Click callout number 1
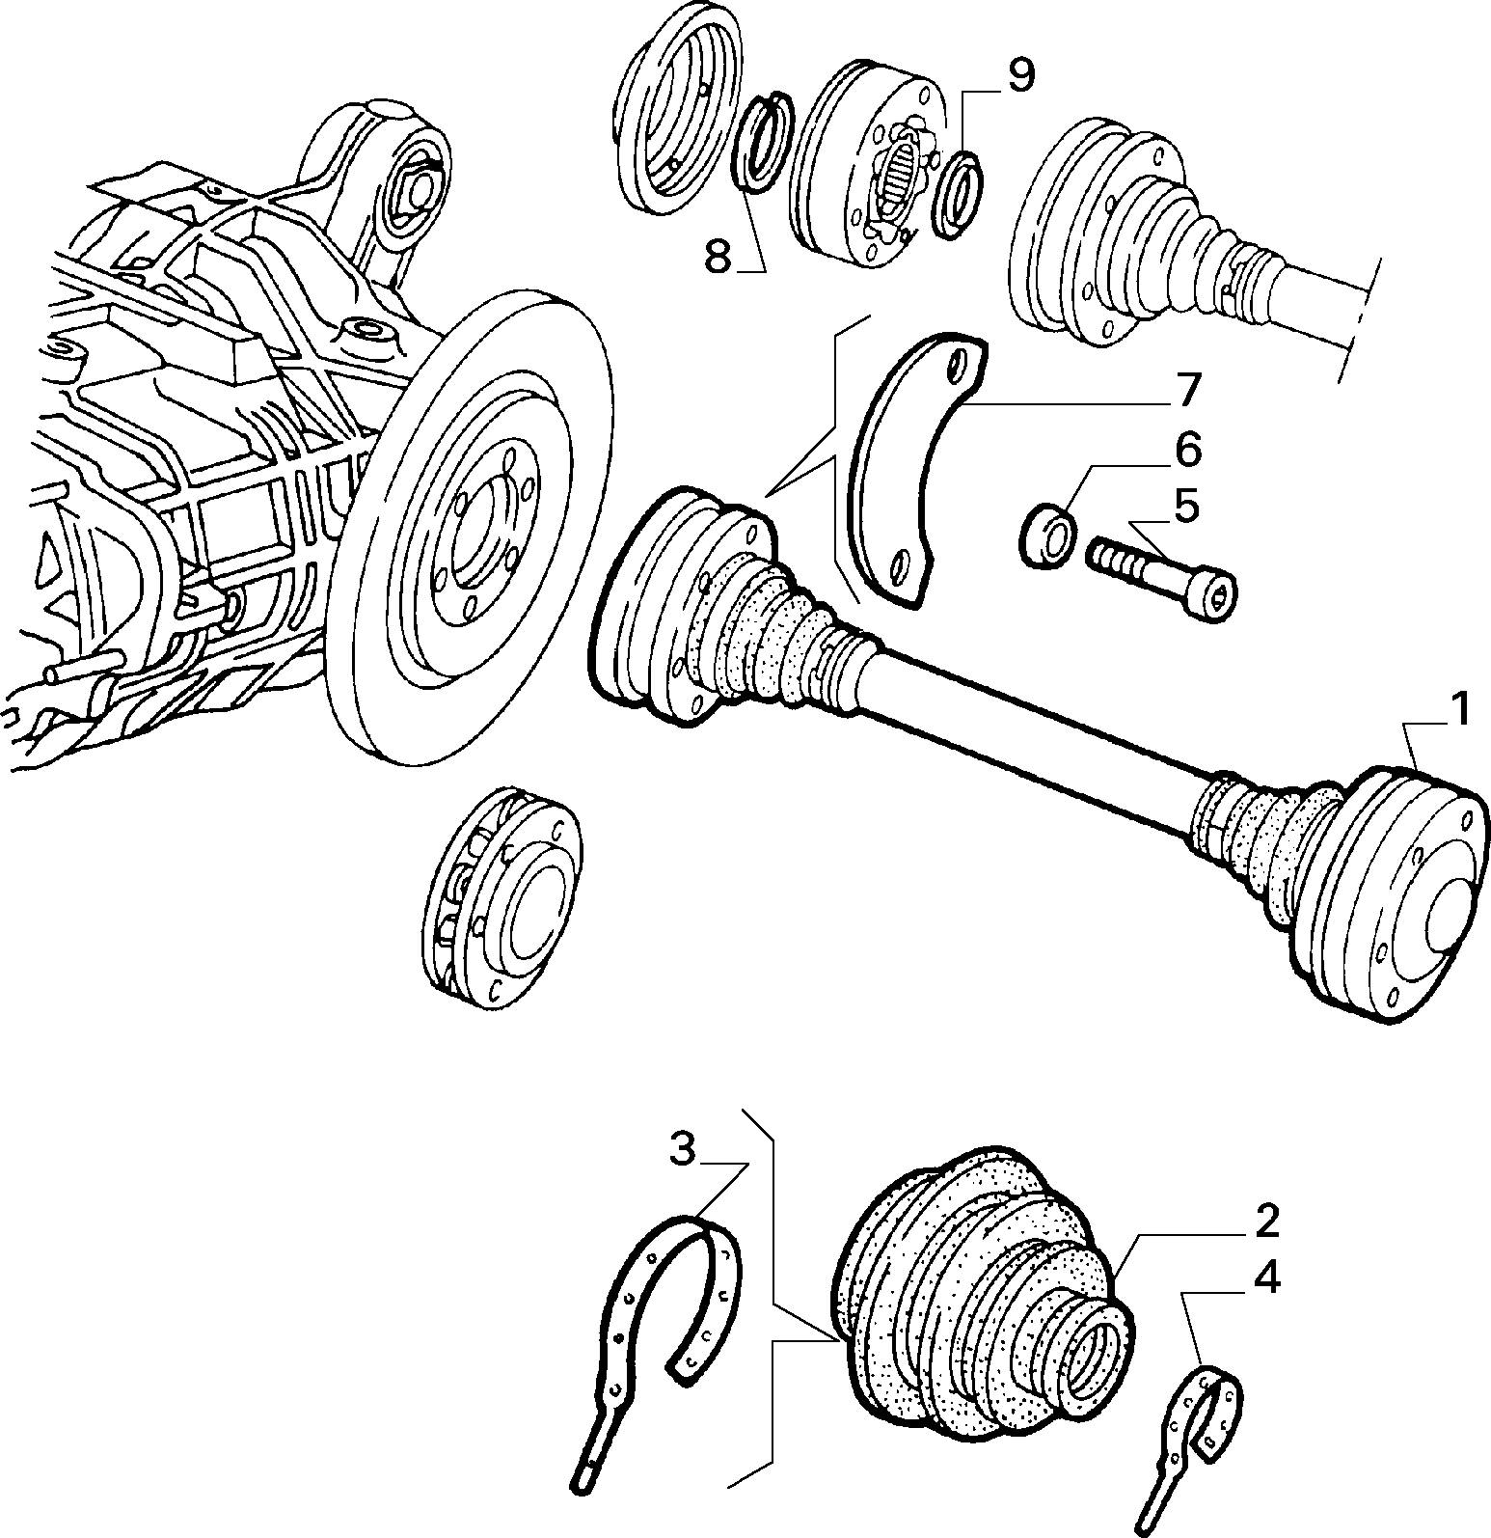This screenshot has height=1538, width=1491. [1460, 712]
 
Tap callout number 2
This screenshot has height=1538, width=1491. [1266, 1222]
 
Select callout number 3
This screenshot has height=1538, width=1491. [683, 1150]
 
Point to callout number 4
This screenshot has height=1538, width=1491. [1266, 1278]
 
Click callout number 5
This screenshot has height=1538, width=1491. [1185, 507]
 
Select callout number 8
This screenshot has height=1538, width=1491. [718, 257]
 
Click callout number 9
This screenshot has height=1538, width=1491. [1019, 75]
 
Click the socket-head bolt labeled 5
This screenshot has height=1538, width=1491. [1163, 580]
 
